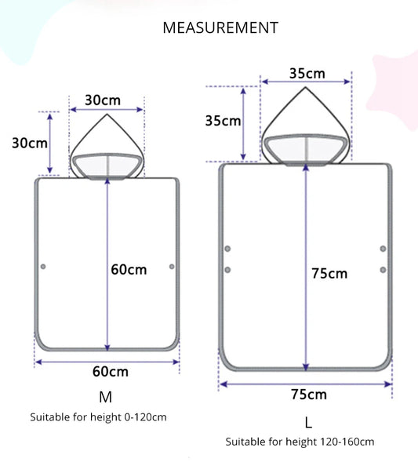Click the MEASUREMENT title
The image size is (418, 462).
pos(220,27)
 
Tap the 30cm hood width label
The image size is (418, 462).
pos(103,100)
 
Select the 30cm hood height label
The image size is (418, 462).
pos(30,144)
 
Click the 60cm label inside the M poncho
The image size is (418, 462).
pos(129,270)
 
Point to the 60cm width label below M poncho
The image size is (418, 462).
pos(111,372)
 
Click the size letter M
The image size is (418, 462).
pos(105,397)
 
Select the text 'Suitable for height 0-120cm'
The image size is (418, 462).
pos(98,417)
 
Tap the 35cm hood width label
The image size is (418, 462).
pos(307,74)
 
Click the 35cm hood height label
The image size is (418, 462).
pos(223,121)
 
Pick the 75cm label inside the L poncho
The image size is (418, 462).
pos(329,274)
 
